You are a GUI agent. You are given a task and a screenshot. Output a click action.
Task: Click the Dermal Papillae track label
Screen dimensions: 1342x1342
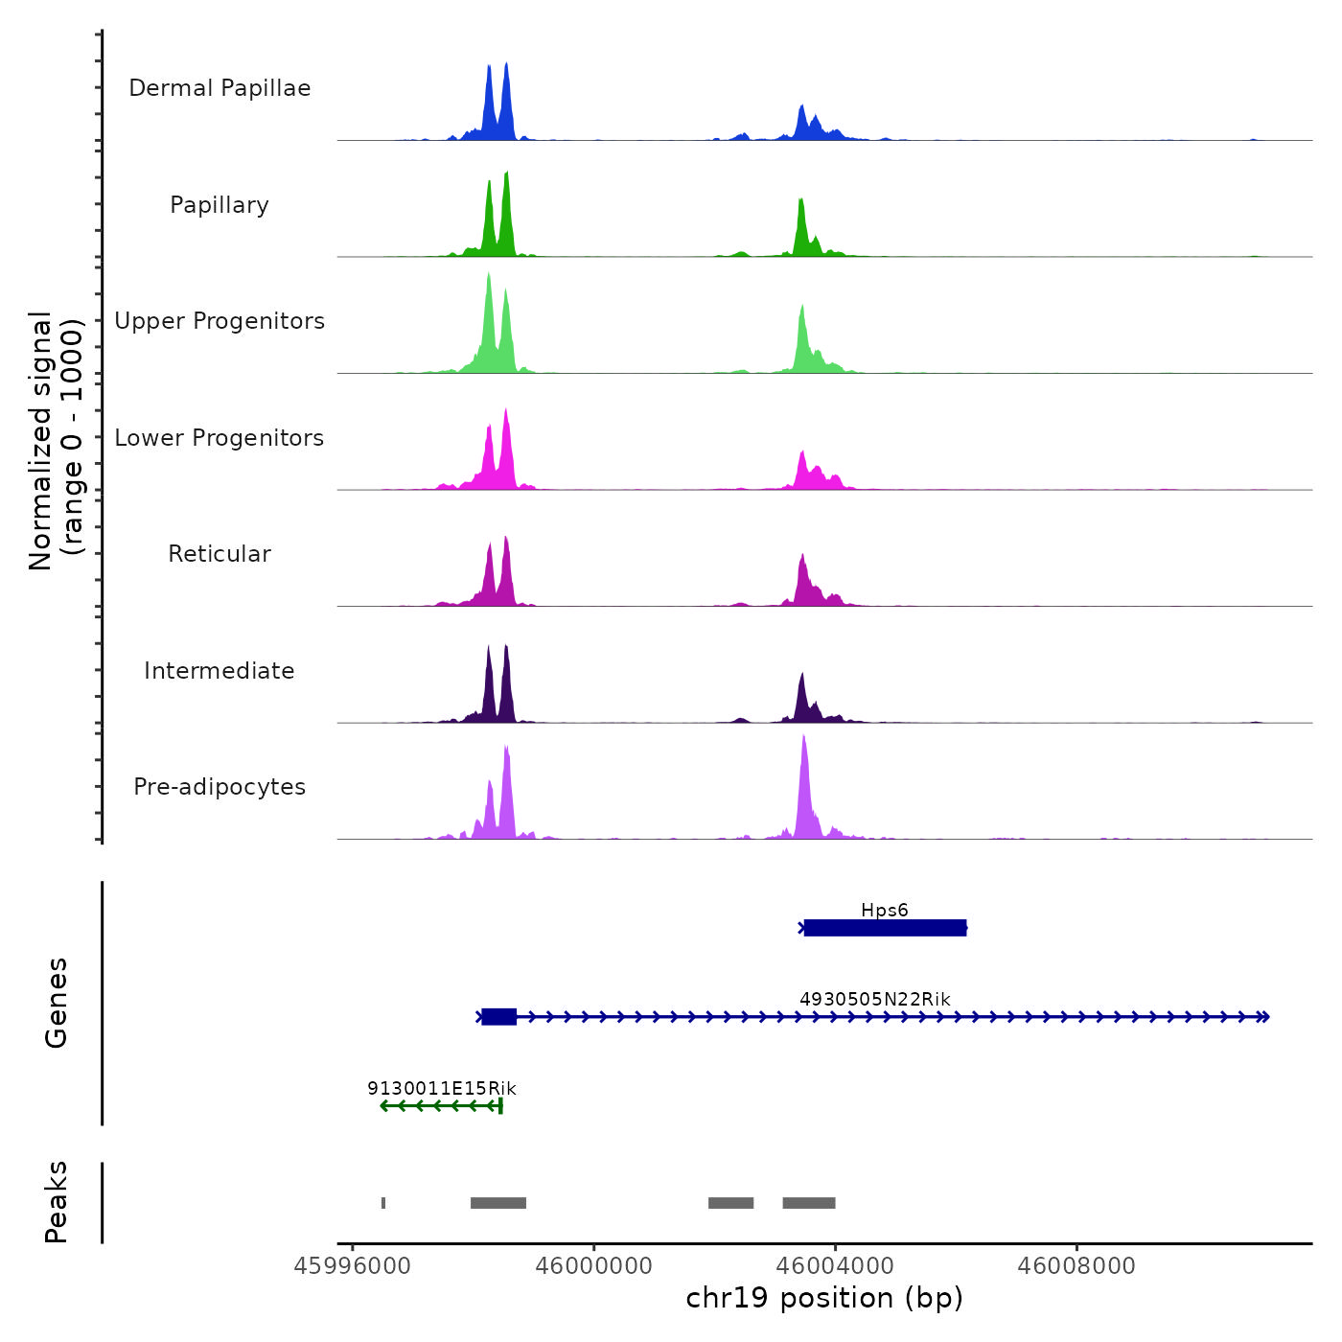pos(220,88)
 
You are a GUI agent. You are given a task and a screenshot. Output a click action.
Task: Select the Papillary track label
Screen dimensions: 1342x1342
pos(220,205)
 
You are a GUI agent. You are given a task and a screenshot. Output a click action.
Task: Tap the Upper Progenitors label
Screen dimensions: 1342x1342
pos(220,321)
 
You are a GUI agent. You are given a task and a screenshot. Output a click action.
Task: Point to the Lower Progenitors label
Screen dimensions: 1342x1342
pos(220,438)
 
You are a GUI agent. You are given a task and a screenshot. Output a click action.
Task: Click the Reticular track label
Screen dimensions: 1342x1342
pos(220,554)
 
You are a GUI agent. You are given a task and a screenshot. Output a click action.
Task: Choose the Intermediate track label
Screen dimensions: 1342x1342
pos(220,671)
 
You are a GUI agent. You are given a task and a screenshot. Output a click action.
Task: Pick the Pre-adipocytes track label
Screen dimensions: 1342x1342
pos(220,787)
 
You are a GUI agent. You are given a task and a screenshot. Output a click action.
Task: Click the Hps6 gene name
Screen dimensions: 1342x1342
pos(884,910)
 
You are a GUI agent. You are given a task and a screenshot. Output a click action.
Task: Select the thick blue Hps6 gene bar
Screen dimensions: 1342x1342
pos(885,928)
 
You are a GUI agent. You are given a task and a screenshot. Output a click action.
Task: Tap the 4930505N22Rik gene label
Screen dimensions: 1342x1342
pos(874,999)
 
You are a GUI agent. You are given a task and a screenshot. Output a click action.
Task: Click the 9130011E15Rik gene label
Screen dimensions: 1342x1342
pos(441,1088)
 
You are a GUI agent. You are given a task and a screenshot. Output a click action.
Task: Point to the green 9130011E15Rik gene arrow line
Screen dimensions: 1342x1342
pos(441,1106)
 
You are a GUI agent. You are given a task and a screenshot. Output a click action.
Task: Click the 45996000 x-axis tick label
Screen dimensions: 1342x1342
pos(352,1266)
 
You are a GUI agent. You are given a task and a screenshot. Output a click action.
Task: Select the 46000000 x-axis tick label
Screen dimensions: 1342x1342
pos(593,1266)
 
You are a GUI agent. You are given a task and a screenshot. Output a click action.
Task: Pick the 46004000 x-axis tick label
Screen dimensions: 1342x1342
pos(835,1266)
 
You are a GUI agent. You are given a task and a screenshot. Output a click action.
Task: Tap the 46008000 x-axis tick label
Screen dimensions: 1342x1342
pos(1076,1266)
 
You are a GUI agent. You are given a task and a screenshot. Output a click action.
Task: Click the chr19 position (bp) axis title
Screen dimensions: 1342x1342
pos(824,1298)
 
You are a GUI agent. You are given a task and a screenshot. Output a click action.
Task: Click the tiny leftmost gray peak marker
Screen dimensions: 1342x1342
pos(383,1203)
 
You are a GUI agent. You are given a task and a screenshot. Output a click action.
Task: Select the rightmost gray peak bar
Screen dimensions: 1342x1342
pos(808,1203)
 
